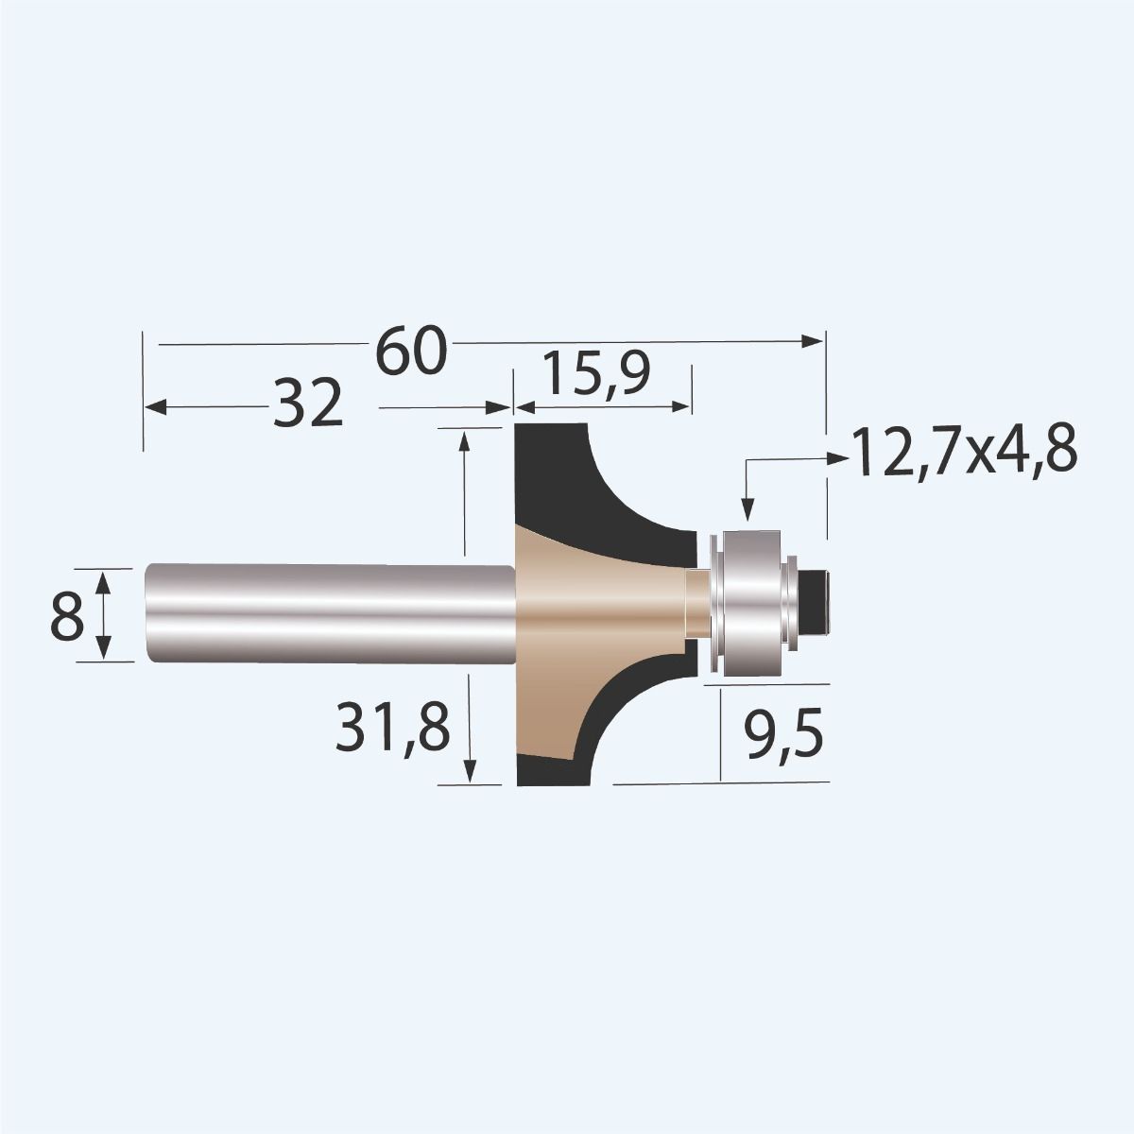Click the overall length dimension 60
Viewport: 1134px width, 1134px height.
coord(410,352)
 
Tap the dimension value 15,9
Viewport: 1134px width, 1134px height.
coord(596,374)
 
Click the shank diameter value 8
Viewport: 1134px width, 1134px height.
coord(67,618)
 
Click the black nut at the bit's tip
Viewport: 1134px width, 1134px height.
coord(818,603)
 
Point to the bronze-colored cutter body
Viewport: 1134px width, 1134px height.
coord(567,614)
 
